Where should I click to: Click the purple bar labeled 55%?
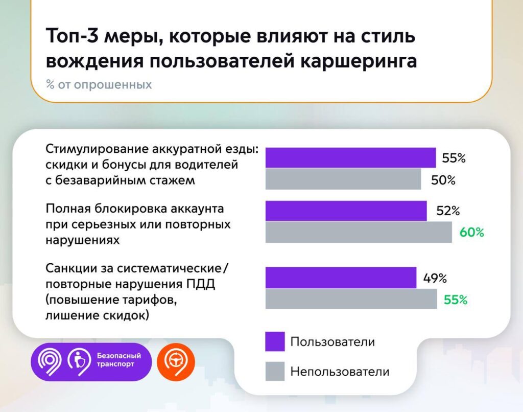(x=350, y=158)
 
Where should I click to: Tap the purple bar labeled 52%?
(x=346, y=211)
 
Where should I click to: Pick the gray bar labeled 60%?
(x=359, y=232)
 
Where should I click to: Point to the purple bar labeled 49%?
(x=341, y=278)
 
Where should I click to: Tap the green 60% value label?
(x=471, y=232)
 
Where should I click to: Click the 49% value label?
(x=435, y=279)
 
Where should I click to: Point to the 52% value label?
(x=448, y=211)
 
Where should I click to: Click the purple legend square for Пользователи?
(x=275, y=341)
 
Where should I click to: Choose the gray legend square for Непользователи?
(x=275, y=371)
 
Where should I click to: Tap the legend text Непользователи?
(x=340, y=371)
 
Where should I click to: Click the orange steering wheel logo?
(x=175, y=361)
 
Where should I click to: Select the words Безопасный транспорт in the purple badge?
(x=119, y=360)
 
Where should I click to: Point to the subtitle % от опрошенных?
(x=99, y=85)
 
